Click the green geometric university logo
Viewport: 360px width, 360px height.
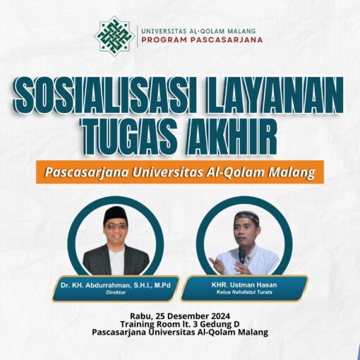click(114, 36)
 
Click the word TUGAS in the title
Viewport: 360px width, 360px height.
click(131, 137)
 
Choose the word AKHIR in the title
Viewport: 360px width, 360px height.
click(232, 137)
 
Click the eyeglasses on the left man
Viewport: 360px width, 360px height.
click(116, 227)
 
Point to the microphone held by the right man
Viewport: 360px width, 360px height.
click(241, 255)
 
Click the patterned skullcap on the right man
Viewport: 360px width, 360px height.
click(246, 216)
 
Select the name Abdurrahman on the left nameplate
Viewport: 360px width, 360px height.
click(107, 285)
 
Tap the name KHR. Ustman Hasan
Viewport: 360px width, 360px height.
click(244, 285)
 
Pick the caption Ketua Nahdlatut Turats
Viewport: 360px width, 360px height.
click(244, 292)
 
